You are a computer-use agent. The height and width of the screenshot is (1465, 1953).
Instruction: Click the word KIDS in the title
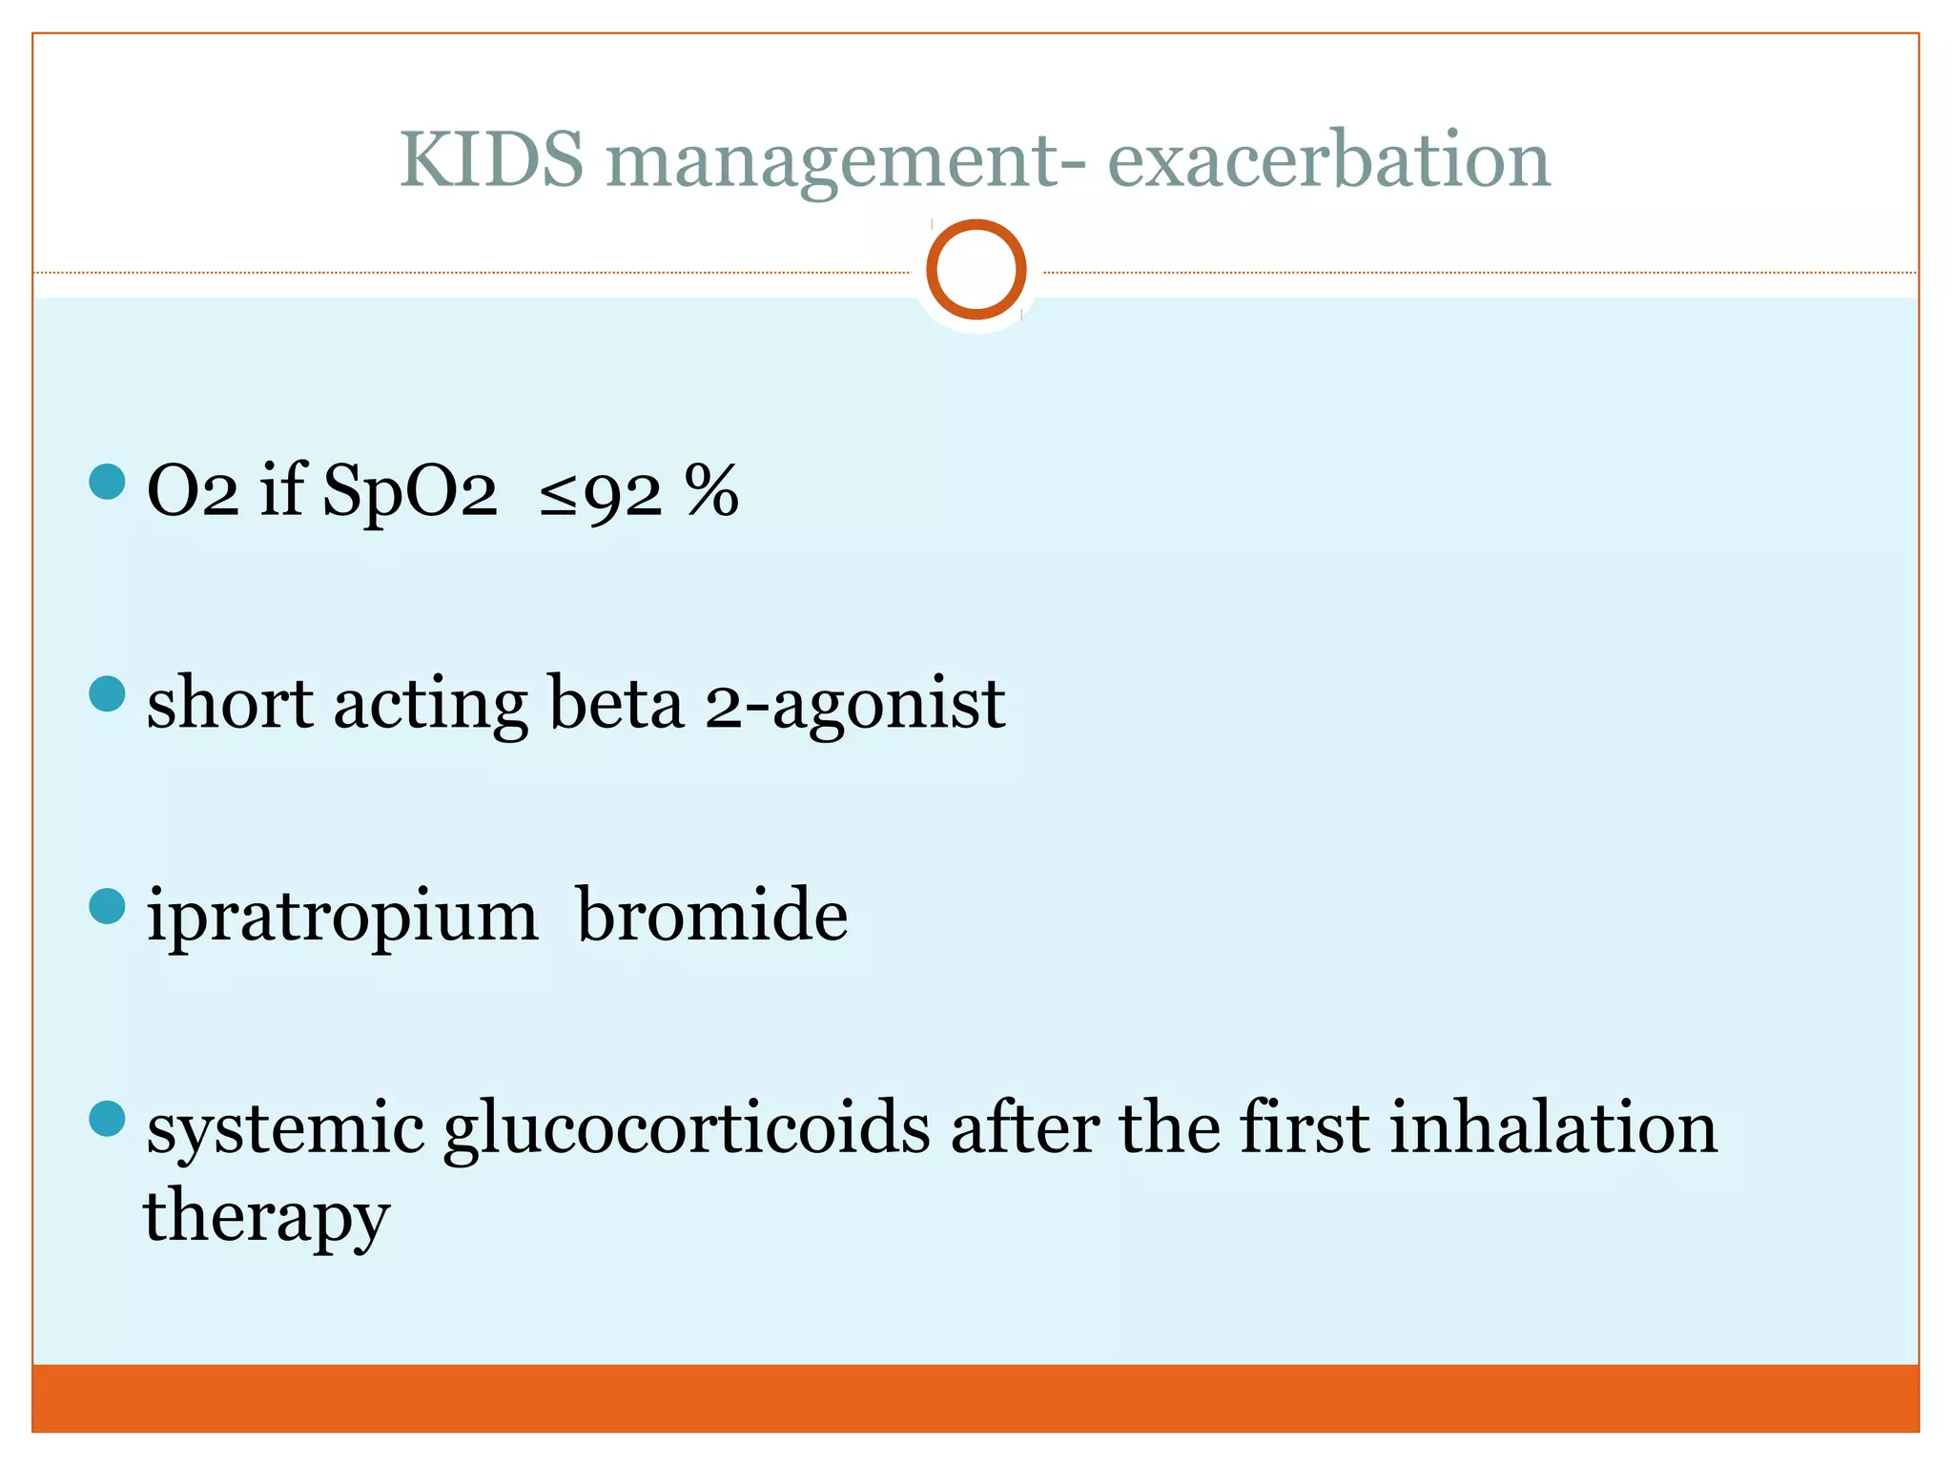(x=491, y=158)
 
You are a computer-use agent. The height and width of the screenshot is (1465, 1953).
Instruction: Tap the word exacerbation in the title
(x=1328, y=158)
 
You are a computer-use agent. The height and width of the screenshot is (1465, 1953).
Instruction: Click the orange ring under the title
(x=976, y=269)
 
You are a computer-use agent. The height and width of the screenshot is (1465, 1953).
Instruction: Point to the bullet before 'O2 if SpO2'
(x=107, y=482)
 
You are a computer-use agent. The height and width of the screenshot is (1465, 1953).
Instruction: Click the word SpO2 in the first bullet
(x=410, y=492)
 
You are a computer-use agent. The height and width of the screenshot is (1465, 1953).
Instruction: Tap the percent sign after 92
(x=711, y=490)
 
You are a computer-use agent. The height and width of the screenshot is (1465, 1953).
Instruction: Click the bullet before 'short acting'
(x=107, y=693)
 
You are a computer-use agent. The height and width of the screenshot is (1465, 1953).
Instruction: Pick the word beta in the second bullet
(x=616, y=703)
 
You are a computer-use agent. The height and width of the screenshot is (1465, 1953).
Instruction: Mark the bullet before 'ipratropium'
(x=107, y=906)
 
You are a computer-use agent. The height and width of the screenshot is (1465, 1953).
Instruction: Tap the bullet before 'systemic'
(x=107, y=1119)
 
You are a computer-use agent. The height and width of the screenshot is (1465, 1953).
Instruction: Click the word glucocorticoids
(x=687, y=1129)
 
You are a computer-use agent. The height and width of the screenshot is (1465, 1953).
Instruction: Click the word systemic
(x=285, y=1129)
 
